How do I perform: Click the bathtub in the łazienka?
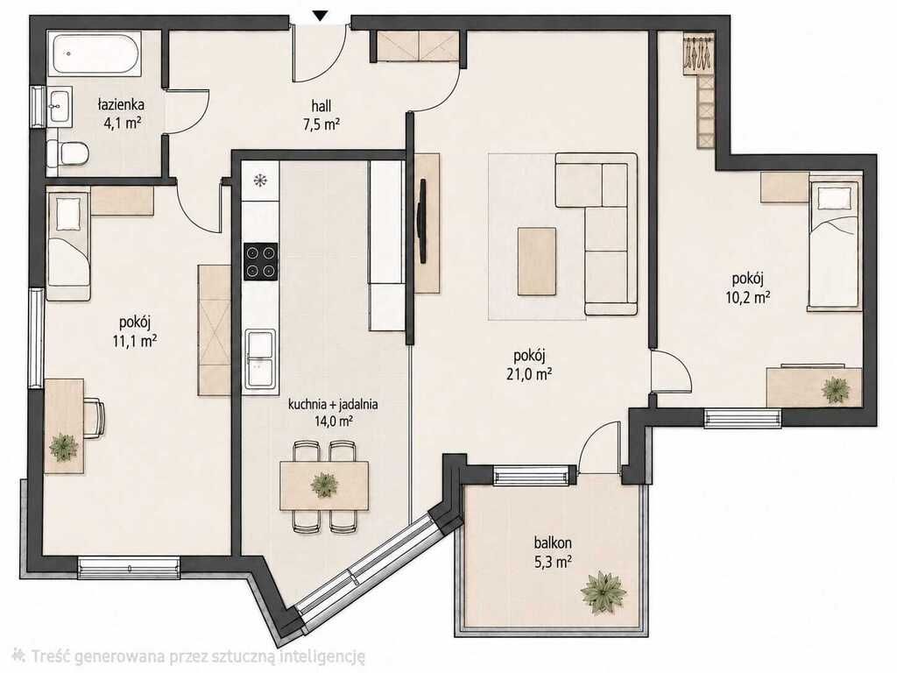tap(95, 53)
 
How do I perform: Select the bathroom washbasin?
tap(60, 106)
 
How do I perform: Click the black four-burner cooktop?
tap(261, 261)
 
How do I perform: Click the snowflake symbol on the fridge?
tap(260, 181)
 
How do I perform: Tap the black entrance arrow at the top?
tap(321, 17)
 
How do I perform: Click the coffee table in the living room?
tap(537, 261)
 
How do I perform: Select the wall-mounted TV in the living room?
tap(422, 221)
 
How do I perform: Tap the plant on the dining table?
tap(325, 485)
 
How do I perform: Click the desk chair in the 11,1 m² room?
tap(95, 419)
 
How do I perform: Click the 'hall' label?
tap(321, 105)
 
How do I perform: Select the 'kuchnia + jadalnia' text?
tap(332, 404)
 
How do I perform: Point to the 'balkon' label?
tap(553, 542)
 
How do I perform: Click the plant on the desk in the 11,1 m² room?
tap(63, 448)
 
